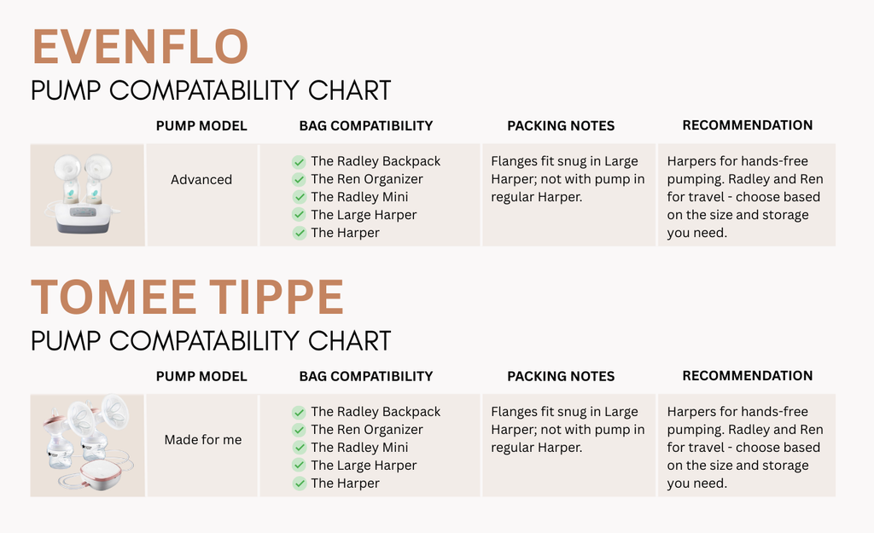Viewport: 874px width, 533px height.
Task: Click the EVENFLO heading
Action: tap(140, 47)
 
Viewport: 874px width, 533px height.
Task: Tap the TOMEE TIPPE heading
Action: tap(187, 298)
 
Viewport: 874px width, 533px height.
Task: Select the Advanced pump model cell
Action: tap(201, 179)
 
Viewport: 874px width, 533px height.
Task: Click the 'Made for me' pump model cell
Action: tap(203, 439)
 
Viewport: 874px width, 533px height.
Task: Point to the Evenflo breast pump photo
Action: tap(88, 195)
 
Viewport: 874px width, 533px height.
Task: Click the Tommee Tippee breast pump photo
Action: tap(88, 445)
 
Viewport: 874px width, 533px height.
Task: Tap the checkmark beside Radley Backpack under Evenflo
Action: tap(299, 161)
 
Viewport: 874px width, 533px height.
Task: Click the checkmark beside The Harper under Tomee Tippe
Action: tap(299, 484)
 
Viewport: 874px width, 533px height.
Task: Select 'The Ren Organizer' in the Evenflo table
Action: tap(367, 179)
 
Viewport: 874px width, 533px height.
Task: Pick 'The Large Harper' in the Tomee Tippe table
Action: tap(364, 465)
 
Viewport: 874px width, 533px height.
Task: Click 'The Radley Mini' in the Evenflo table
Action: tap(359, 197)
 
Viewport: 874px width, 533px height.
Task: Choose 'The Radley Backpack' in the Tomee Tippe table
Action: tap(376, 412)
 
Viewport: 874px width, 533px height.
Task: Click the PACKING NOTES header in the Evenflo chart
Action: tap(561, 126)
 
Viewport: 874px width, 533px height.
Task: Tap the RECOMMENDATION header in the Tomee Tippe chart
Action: tap(748, 376)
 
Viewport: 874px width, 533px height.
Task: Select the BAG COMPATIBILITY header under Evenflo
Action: tap(365, 126)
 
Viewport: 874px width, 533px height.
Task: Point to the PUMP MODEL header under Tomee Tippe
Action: tap(201, 376)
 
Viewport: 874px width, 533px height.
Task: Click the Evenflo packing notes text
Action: tap(568, 179)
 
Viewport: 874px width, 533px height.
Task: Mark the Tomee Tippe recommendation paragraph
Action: tap(744, 447)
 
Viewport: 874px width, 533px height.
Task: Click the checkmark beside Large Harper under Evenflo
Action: tap(299, 215)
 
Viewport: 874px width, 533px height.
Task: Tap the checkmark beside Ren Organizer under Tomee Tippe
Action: tap(299, 430)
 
